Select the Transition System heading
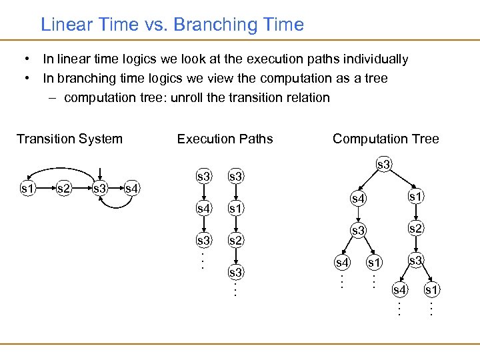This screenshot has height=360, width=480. coord(69,139)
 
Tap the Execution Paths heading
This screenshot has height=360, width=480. coord(225,139)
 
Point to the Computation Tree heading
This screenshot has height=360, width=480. coord(385,139)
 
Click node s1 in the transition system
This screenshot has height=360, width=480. coord(27,189)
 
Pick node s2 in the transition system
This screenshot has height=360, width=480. coord(64,189)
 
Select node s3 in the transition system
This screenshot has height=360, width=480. coord(100,189)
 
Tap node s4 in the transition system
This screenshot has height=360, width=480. coord(133,189)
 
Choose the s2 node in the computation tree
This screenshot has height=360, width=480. coord(415,229)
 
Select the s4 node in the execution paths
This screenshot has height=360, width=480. coord(203,208)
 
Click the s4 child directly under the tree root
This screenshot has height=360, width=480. coord(359,199)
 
